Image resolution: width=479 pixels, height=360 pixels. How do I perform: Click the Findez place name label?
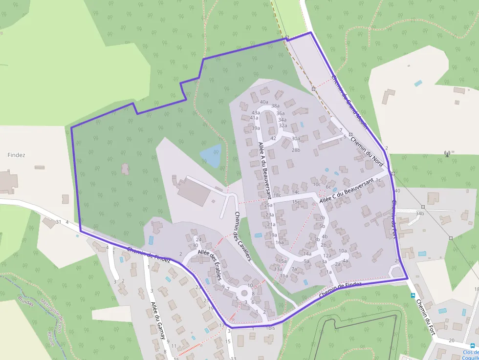click(16, 155)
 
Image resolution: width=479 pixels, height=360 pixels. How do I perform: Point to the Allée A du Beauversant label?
click(264, 170)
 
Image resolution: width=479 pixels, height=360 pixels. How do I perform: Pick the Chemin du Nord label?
click(368, 149)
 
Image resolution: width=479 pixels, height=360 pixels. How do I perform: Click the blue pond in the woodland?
click(211, 155)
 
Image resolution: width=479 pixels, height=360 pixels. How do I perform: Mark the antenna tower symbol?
click(447, 154)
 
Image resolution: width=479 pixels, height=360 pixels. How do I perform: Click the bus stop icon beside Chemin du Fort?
click(413, 296)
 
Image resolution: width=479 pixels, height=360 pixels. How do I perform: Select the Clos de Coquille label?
click(470, 354)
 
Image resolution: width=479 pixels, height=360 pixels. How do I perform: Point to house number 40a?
click(264, 102)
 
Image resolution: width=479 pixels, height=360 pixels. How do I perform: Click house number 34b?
click(419, 213)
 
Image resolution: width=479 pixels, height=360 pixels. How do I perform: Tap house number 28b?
click(296, 150)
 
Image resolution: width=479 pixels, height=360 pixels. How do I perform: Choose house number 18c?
click(277, 195)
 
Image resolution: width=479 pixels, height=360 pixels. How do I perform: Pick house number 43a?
click(256, 113)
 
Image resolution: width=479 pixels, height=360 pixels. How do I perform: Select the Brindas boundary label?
click(25, 299)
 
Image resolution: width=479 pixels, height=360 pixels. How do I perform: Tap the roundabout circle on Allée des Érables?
click(244, 293)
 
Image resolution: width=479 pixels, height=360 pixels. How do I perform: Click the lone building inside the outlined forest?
click(126, 169)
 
